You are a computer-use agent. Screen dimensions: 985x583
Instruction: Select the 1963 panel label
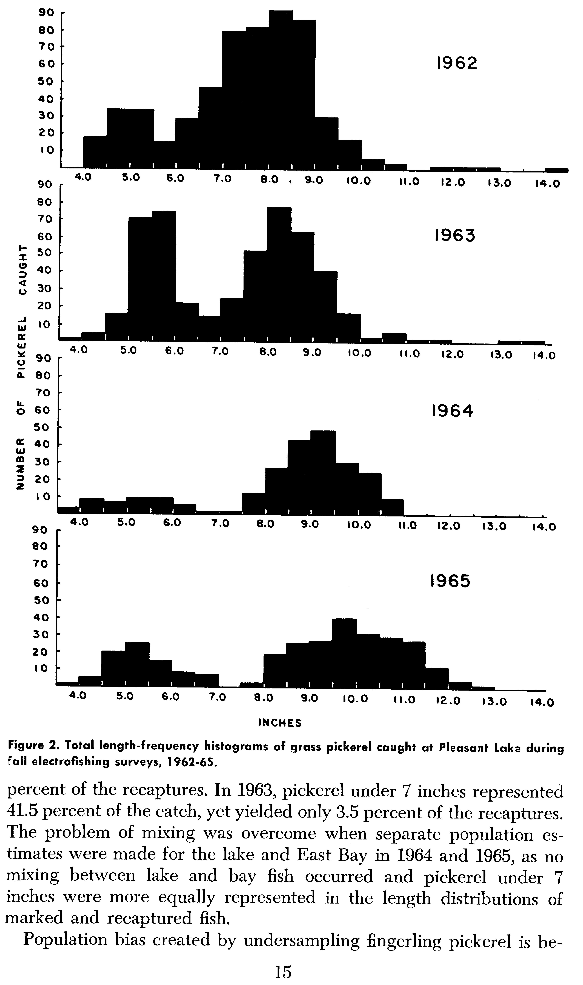coord(454,235)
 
